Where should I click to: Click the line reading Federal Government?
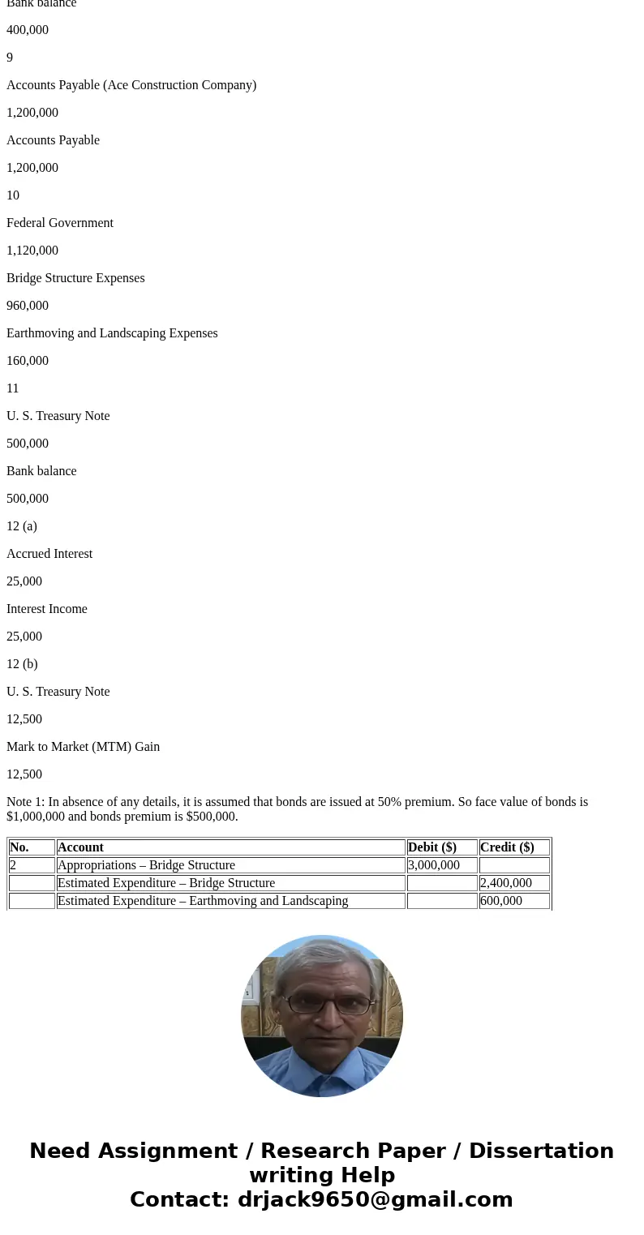[x=60, y=223]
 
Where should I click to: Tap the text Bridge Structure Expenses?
[x=75, y=278]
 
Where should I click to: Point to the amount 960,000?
[x=28, y=306]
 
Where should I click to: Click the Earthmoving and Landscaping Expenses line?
[x=112, y=333]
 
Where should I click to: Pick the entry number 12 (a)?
[x=22, y=526]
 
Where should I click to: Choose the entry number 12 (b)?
[x=22, y=664]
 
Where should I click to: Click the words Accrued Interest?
[x=49, y=554]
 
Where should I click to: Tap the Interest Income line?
[x=47, y=609]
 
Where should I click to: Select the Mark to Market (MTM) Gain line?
[x=83, y=747]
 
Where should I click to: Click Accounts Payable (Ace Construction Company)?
[x=131, y=85]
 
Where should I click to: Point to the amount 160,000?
[x=28, y=361]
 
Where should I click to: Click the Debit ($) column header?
[x=432, y=847]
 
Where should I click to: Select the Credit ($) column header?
[x=507, y=847]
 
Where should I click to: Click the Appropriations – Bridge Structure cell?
[x=146, y=865]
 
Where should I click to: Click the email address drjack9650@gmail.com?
[x=376, y=1199]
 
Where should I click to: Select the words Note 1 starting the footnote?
[x=24, y=802]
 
